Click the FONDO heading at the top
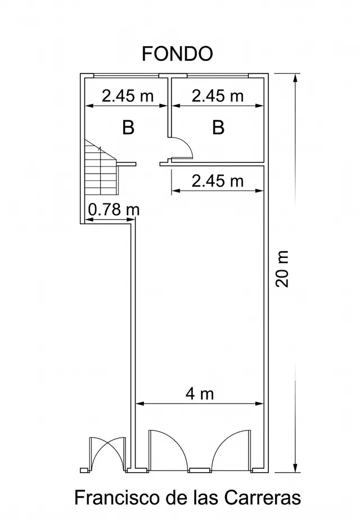pyautogui.click(x=177, y=53)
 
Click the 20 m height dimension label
pyautogui.click(x=282, y=269)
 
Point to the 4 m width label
pyautogui.click(x=200, y=394)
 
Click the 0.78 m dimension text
pyautogui.click(x=114, y=210)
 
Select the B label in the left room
pyautogui.click(x=128, y=127)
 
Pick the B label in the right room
pyautogui.click(x=218, y=127)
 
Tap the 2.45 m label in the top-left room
pyautogui.click(x=128, y=96)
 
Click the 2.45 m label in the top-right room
pyautogui.click(x=218, y=96)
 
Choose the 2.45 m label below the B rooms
pyautogui.click(x=218, y=181)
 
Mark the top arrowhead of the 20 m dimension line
pyautogui.click(x=295, y=80)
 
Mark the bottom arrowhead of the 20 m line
pyautogui.click(x=295, y=466)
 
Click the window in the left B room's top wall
pyautogui.click(x=126, y=76)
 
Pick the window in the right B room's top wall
pyautogui.click(x=218, y=76)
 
